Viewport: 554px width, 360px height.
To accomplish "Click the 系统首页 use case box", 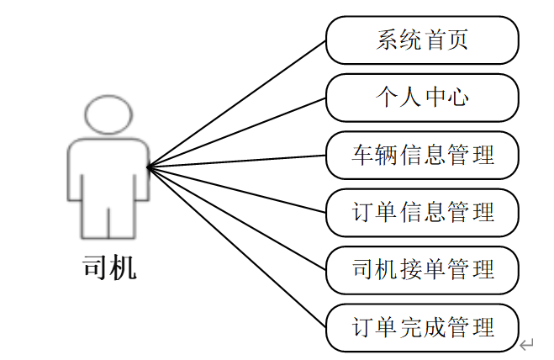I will pos(422,40).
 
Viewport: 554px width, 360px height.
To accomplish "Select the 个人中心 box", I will pos(422,97).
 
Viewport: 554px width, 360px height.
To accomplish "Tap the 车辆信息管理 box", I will pos(422,155).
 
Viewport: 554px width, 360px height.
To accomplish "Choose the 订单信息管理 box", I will pos(422,212).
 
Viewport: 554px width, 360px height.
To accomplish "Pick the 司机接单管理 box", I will pos(422,270).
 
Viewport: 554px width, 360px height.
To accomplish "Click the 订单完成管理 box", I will pos(422,327).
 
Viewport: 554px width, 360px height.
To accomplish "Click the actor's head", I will pos(108,114).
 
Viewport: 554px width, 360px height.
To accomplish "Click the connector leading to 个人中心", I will pos(237,132).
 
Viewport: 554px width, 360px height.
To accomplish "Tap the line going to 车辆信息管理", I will pos(237,161).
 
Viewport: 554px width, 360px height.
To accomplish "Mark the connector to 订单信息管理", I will pos(237,189).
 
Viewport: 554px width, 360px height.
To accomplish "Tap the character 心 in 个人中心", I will pos(456,97).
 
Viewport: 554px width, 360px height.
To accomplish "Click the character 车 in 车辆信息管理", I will pos(362,155).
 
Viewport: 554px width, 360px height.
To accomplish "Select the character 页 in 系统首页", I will pos(456,40).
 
